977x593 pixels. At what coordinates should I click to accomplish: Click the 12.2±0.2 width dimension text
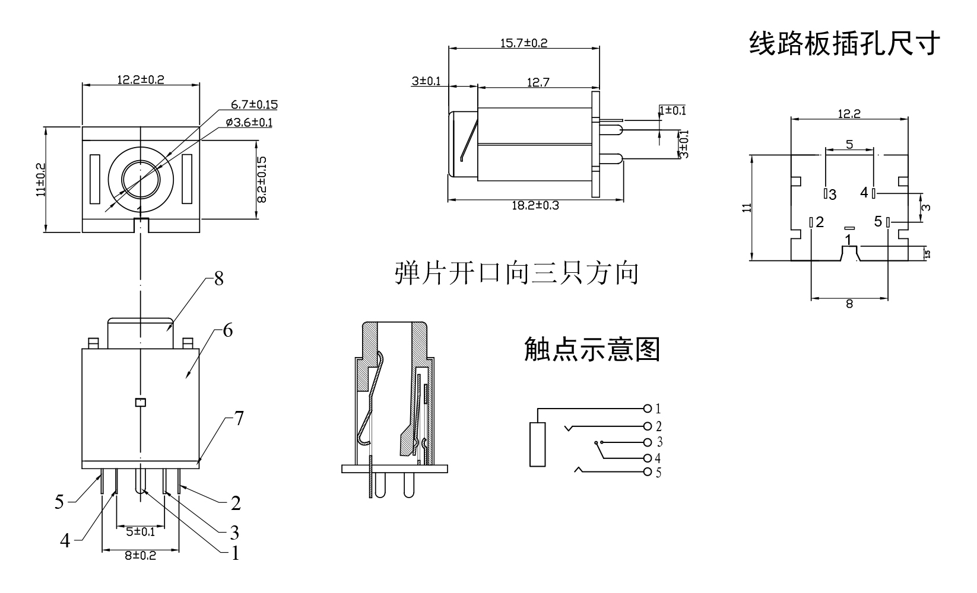pos(140,79)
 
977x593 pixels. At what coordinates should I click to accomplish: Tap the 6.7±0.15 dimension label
pos(255,105)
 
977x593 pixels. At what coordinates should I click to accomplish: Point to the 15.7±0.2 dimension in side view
pos(524,43)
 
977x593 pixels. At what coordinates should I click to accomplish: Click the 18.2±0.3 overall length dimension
pos(535,205)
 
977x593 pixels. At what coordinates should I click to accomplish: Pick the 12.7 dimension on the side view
pos(538,82)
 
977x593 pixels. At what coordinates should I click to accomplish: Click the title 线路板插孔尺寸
pos(845,43)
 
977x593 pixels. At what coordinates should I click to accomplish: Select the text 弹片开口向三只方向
pos(516,273)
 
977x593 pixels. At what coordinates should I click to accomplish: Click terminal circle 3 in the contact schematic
pos(647,442)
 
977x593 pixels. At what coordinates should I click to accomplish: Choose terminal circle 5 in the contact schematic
pos(647,472)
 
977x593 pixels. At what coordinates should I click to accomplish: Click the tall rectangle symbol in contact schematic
pos(537,444)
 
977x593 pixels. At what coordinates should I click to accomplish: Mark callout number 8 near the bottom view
pos(218,279)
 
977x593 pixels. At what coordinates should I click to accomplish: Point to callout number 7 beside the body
pos(239,419)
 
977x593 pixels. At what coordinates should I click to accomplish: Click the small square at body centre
pos(140,403)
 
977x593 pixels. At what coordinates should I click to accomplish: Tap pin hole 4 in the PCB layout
pos(874,193)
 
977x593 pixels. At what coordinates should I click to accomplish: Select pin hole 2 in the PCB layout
pos(811,222)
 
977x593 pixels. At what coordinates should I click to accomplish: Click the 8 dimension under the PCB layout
pos(849,304)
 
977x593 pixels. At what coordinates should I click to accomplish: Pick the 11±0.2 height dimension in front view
pos(40,180)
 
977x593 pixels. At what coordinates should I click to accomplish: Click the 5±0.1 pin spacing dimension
pos(141,531)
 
